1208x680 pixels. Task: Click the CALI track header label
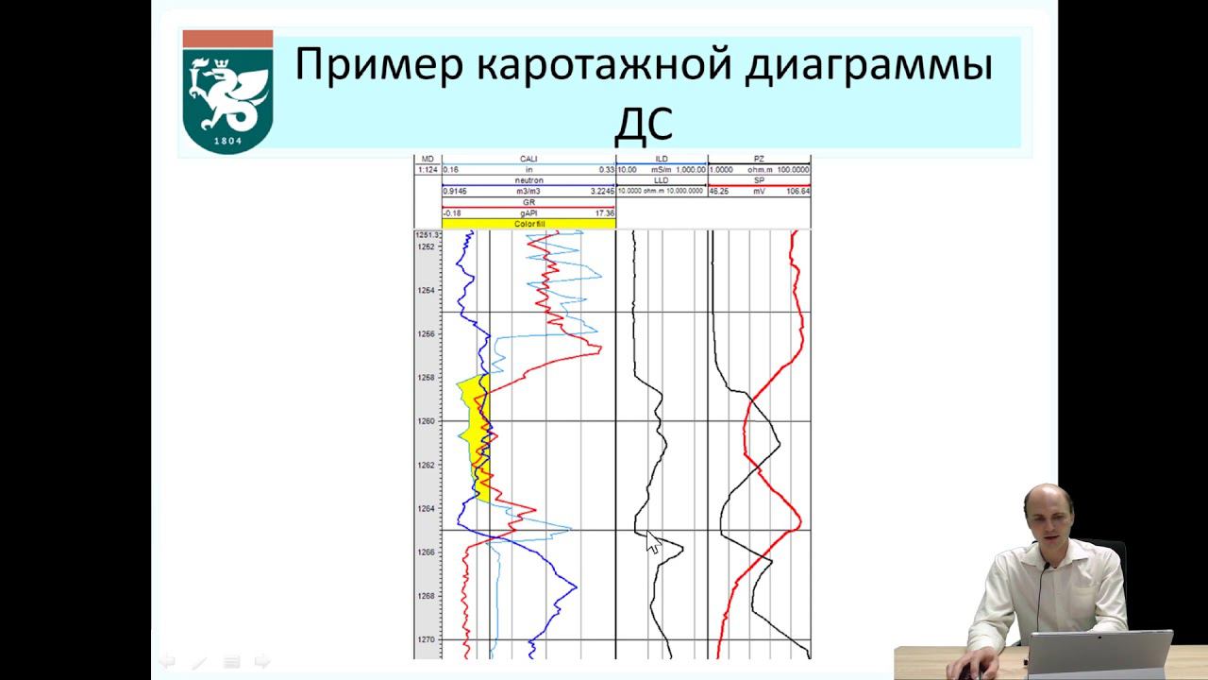tap(528, 159)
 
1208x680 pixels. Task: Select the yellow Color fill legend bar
tap(528, 224)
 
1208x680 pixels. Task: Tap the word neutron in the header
tap(528, 179)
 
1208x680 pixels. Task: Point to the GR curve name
tap(528, 202)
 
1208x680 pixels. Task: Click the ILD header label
tap(662, 159)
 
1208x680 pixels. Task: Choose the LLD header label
tap(662, 179)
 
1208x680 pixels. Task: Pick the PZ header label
tap(759, 159)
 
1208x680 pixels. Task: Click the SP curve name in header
tap(759, 179)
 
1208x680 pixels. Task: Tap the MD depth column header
tap(428, 159)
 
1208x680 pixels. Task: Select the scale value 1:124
tap(428, 169)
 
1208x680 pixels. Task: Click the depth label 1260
tap(428, 421)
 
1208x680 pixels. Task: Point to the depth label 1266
tap(428, 552)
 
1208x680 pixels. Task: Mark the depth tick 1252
tap(428, 246)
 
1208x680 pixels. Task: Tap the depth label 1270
tap(428, 639)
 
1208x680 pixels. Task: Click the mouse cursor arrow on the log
tap(652, 541)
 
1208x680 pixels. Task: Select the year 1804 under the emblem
tap(227, 141)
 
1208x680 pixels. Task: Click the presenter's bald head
tap(1047, 505)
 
